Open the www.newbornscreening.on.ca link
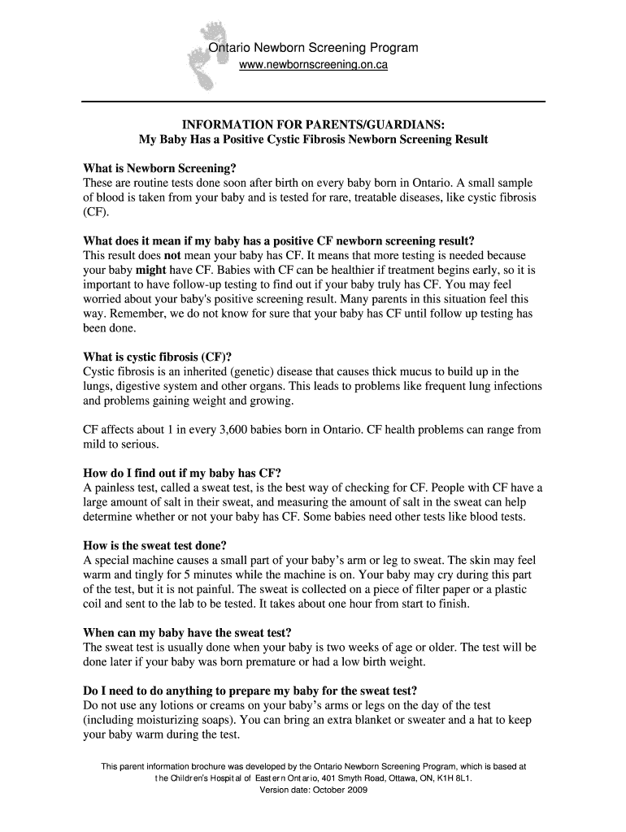(313, 65)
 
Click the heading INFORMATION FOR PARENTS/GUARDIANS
(313, 124)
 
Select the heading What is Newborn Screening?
(160, 168)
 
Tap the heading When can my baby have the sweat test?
(188, 632)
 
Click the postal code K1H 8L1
(453, 778)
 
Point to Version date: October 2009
(313, 789)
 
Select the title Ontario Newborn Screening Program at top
(314, 48)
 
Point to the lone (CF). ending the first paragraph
(95, 212)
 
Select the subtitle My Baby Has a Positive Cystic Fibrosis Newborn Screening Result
(313, 140)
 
